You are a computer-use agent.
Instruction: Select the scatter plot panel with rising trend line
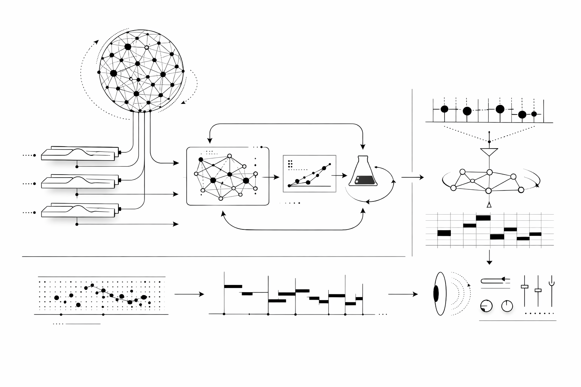[x=309, y=173]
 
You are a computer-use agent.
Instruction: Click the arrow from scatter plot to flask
[x=339, y=175]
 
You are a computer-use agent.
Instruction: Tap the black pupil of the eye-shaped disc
[x=436, y=294]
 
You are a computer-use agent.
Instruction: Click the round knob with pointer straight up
[x=507, y=306]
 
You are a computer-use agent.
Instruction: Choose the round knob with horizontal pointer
[x=486, y=306]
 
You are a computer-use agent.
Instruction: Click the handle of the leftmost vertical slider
[x=524, y=286]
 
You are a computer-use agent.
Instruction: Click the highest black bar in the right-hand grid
[x=483, y=218]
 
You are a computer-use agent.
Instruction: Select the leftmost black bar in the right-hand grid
[x=444, y=233]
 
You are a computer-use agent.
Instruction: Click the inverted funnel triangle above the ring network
[x=489, y=152]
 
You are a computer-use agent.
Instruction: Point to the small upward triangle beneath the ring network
[x=489, y=205]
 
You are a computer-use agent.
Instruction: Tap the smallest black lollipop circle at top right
[x=534, y=114]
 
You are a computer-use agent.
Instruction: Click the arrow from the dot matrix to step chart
[x=189, y=294]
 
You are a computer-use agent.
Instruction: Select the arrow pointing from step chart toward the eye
[x=403, y=294]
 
